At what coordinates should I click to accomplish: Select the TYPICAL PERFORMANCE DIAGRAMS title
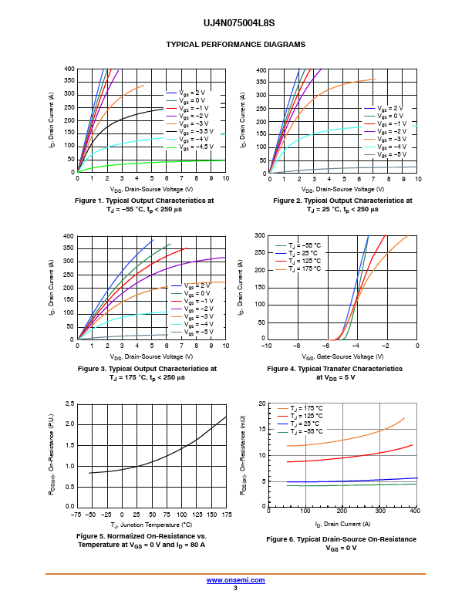(x=235, y=45)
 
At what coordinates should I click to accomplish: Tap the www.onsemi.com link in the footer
(x=234, y=579)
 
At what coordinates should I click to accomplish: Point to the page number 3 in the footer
(x=234, y=588)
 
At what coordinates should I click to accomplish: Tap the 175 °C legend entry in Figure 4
(x=305, y=269)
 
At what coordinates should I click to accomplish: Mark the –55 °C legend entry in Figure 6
(x=306, y=432)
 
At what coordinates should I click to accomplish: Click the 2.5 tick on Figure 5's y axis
(x=69, y=403)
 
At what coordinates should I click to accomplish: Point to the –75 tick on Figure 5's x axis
(x=76, y=514)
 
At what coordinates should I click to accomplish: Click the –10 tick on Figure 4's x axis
(x=266, y=346)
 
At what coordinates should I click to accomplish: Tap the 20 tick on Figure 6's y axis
(x=262, y=403)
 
